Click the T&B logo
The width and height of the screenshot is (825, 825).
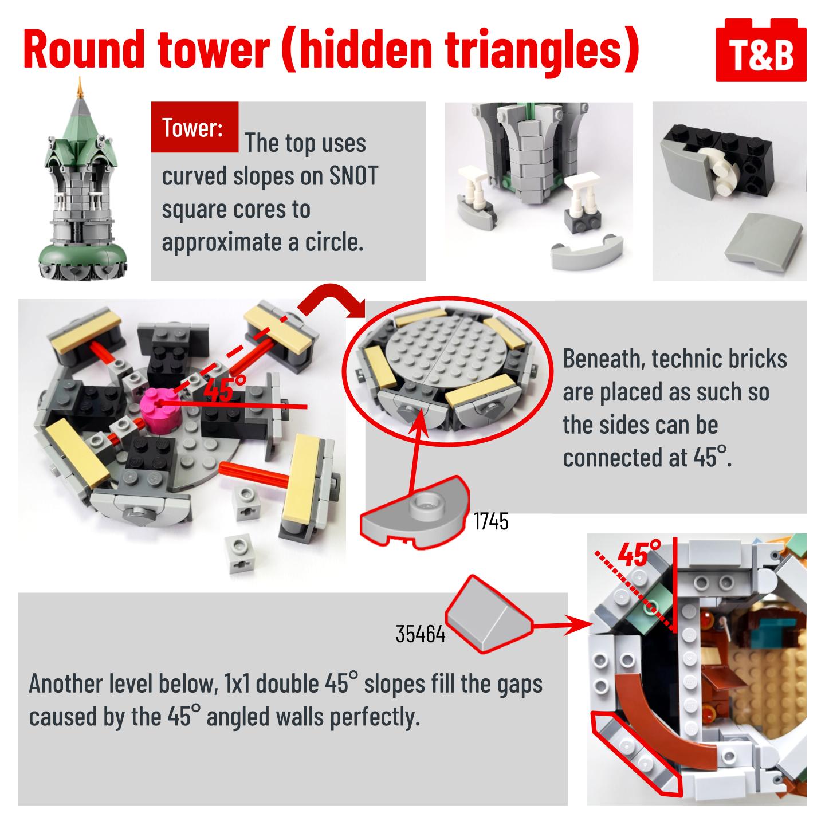pyautogui.click(x=760, y=50)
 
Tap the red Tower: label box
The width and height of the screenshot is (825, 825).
pyautogui.click(x=194, y=127)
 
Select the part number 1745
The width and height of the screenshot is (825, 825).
pyautogui.click(x=490, y=521)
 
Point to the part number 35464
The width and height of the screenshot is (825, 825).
pyautogui.click(x=420, y=634)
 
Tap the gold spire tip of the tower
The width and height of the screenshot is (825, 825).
pyautogui.click(x=79, y=87)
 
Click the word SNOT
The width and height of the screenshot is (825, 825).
pyautogui.click(x=353, y=176)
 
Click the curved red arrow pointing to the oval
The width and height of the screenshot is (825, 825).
pyautogui.click(x=329, y=300)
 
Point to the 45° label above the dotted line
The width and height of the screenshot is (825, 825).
pyautogui.click(x=639, y=553)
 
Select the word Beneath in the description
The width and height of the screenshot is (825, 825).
pyautogui.click(x=603, y=358)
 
